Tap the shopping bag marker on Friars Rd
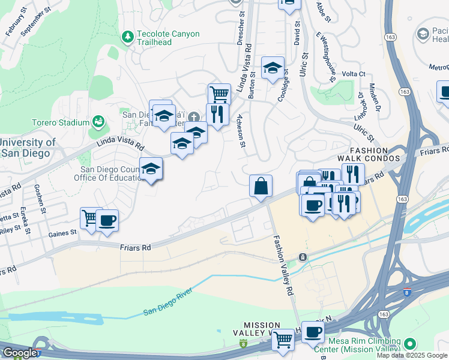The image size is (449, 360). point(261,186)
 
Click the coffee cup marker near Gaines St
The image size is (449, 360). point(107,220)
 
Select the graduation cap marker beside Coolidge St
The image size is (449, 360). point(273,67)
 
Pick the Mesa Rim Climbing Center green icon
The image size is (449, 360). point(410,344)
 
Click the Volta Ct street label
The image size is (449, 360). point(354,74)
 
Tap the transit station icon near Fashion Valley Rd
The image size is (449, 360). point(303,257)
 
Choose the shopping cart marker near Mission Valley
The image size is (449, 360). point(283,339)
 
